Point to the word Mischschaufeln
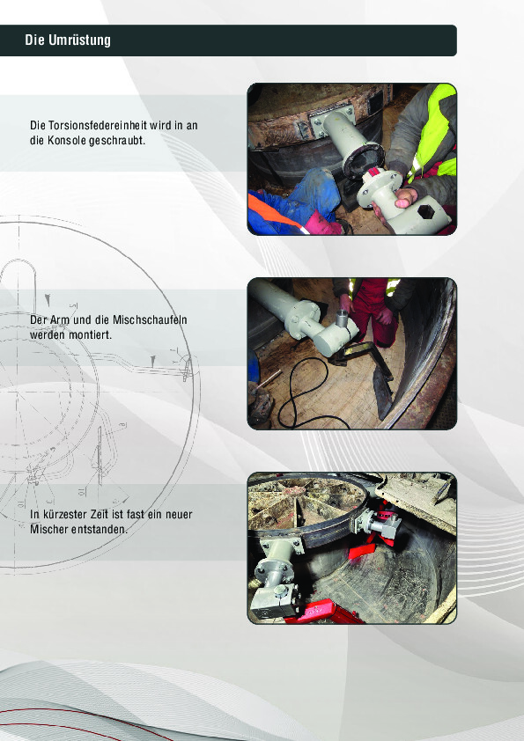pyautogui.click(x=150, y=320)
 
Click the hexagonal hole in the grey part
pyautogui.click(x=426, y=212)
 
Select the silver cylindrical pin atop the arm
pyautogui.click(x=343, y=318)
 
